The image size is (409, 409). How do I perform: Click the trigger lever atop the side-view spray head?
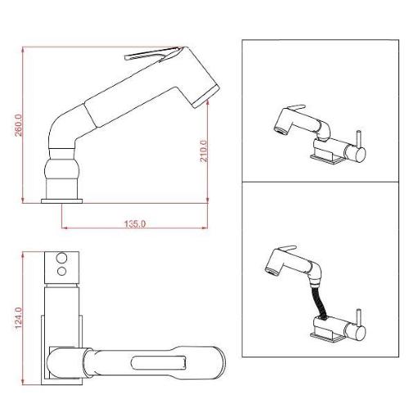pyautogui.click(x=151, y=56)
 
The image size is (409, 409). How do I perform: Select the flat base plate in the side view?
pyautogui.click(x=63, y=199)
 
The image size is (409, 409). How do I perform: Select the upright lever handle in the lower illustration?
pyautogui.click(x=358, y=318)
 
